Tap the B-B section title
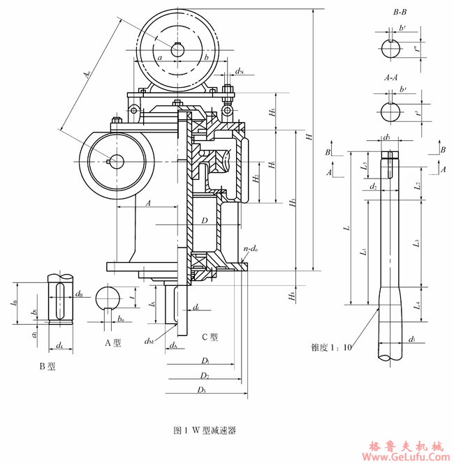point(401,13)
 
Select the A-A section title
point(390,78)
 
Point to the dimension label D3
point(202,389)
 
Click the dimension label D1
point(205,360)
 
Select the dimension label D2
point(205,375)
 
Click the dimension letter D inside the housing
point(204,220)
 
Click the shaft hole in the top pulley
point(177,49)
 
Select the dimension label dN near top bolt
point(240,71)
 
